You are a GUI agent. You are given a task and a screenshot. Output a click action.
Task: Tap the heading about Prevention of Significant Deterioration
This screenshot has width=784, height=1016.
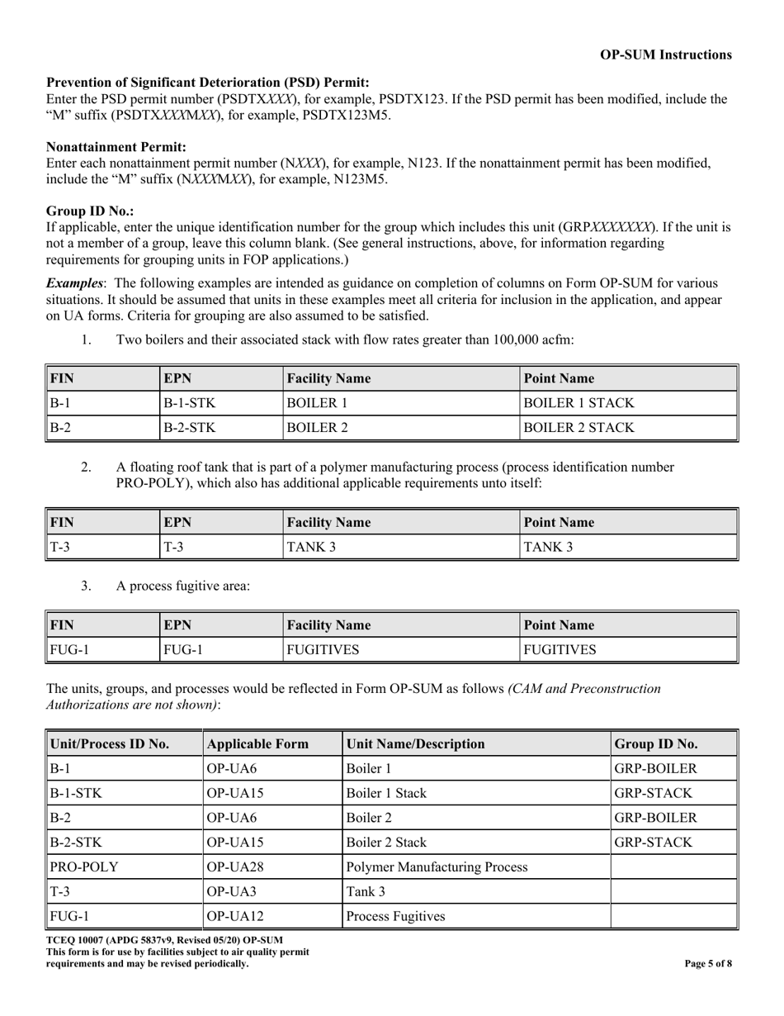(208, 83)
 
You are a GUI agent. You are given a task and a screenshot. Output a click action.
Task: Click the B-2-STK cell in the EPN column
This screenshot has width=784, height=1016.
(190, 428)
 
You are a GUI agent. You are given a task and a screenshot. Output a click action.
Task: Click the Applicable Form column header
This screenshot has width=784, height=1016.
(257, 743)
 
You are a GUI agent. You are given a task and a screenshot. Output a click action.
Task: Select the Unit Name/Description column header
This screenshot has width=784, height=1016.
(417, 743)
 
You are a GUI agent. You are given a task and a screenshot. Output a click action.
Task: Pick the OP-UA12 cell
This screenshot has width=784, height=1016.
(232, 917)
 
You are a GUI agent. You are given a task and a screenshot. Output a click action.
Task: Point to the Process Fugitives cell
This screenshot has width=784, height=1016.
(395, 917)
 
